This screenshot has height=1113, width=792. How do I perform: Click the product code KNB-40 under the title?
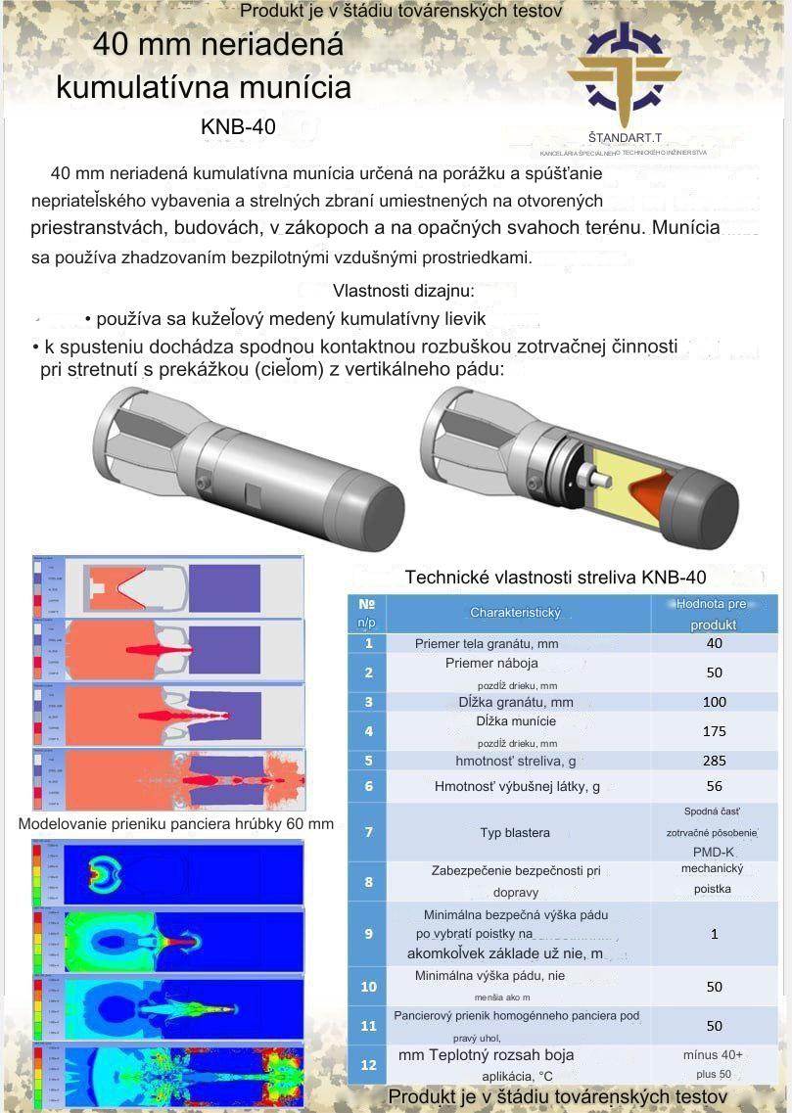coord(238,127)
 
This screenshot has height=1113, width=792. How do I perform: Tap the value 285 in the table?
coord(714,760)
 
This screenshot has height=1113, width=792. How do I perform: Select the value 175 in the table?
coord(714,730)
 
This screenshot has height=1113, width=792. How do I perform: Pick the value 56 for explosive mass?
coord(714,786)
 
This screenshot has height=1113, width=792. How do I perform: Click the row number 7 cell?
coord(368,832)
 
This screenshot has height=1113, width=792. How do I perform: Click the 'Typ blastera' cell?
coord(515,832)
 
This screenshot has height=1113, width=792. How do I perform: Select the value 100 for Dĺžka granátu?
coord(714,701)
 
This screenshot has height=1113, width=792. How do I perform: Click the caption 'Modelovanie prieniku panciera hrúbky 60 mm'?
coord(176,823)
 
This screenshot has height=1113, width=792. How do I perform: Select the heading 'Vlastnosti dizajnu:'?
coord(403,291)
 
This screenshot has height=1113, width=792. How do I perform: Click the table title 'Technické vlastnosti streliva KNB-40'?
coord(555,577)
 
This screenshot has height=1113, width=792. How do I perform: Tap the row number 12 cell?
coord(368,1064)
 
